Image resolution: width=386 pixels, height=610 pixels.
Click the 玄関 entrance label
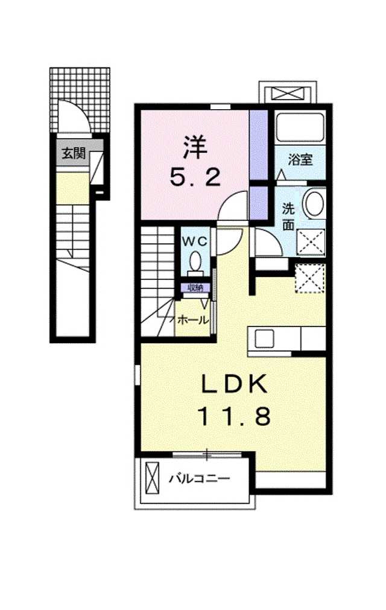(74, 153)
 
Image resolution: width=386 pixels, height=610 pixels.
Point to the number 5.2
(195, 178)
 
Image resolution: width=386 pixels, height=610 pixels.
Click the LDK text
(235, 384)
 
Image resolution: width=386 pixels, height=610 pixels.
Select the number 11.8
(235, 416)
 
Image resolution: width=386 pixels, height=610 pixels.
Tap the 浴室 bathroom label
(300, 159)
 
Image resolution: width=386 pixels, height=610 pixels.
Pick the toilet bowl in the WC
(195, 260)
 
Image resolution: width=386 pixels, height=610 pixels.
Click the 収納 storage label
(195, 288)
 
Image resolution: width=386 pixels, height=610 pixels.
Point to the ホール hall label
(193, 320)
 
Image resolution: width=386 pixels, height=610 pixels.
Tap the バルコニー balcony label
(200, 478)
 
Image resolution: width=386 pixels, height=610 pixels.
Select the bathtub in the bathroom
(300, 127)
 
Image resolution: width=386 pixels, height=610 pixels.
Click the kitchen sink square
(264, 339)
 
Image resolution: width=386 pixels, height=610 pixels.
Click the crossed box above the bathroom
(288, 94)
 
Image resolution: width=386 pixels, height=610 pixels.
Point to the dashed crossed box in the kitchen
(310, 278)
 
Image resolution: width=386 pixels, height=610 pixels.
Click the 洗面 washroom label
(288, 217)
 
